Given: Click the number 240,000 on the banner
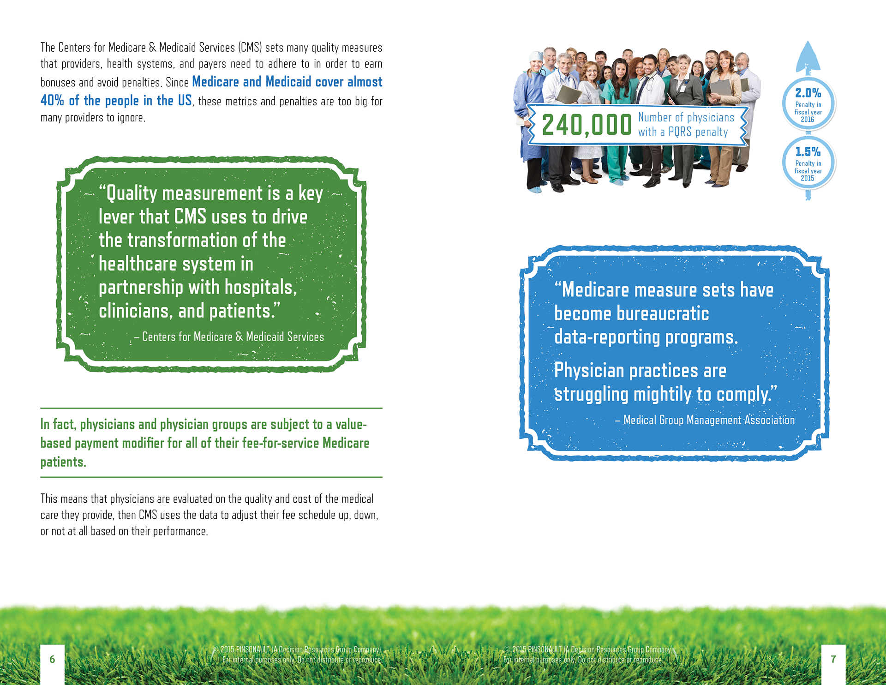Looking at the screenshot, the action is click(587, 125).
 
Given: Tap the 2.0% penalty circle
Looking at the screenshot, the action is click(808, 104).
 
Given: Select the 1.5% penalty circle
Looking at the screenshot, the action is click(808, 162).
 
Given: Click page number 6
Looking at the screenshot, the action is click(52, 659).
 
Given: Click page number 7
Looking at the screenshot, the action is click(833, 659).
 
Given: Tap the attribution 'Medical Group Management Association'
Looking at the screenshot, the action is click(709, 420).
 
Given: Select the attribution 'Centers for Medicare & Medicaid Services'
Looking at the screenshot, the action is click(233, 337).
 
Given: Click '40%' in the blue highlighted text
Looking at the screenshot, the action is click(52, 100).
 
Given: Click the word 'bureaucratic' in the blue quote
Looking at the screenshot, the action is click(663, 313).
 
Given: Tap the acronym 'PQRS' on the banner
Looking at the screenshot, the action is click(680, 132).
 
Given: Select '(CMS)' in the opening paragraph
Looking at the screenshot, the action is click(250, 48).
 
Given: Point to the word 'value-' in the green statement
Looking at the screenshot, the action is click(351, 424).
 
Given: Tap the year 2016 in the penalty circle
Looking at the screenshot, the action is click(808, 120).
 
